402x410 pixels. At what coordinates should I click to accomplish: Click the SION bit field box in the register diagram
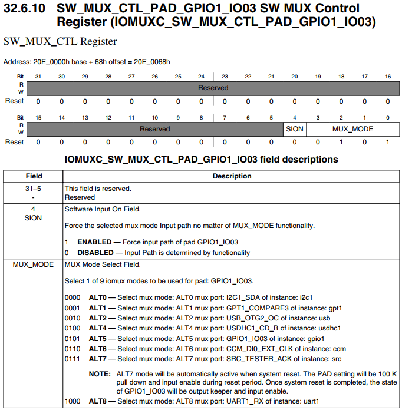point(295,128)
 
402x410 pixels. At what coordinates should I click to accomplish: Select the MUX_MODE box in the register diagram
point(352,128)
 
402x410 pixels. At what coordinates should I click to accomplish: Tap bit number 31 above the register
point(38,77)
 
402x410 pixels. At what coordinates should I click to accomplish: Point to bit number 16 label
point(388,77)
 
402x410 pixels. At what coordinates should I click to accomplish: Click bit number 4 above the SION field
point(295,117)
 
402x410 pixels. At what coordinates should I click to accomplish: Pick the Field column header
point(34,176)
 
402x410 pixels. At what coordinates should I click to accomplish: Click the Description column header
point(232,176)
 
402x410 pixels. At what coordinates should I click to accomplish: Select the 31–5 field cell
point(34,189)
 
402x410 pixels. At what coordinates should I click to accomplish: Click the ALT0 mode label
point(97,297)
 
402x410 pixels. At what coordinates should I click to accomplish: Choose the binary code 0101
point(73,339)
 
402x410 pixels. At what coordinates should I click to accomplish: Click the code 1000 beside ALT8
point(73,401)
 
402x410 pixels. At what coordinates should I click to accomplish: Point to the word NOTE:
point(100,374)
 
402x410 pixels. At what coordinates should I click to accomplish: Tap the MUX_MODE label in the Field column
point(34,264)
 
